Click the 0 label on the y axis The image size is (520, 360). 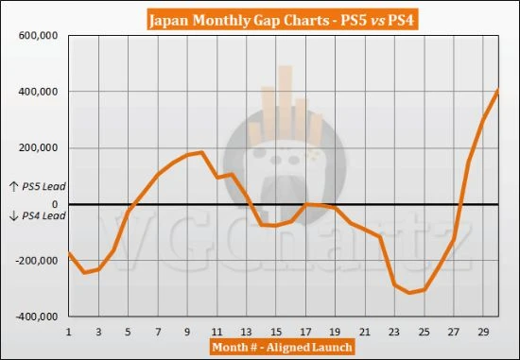click(x=56, y=204)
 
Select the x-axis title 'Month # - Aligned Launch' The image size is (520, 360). click(x=283, y=348)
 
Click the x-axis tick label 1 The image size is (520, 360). click(x=69, y=332)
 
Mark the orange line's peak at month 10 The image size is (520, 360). click(x=201, y=152)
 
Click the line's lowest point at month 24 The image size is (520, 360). click(x=408, y=293)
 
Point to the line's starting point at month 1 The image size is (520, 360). click(x=69, y=252)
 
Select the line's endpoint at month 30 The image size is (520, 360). click(x=497, y=91)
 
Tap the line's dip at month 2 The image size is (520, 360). click(x=84, y=273)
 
